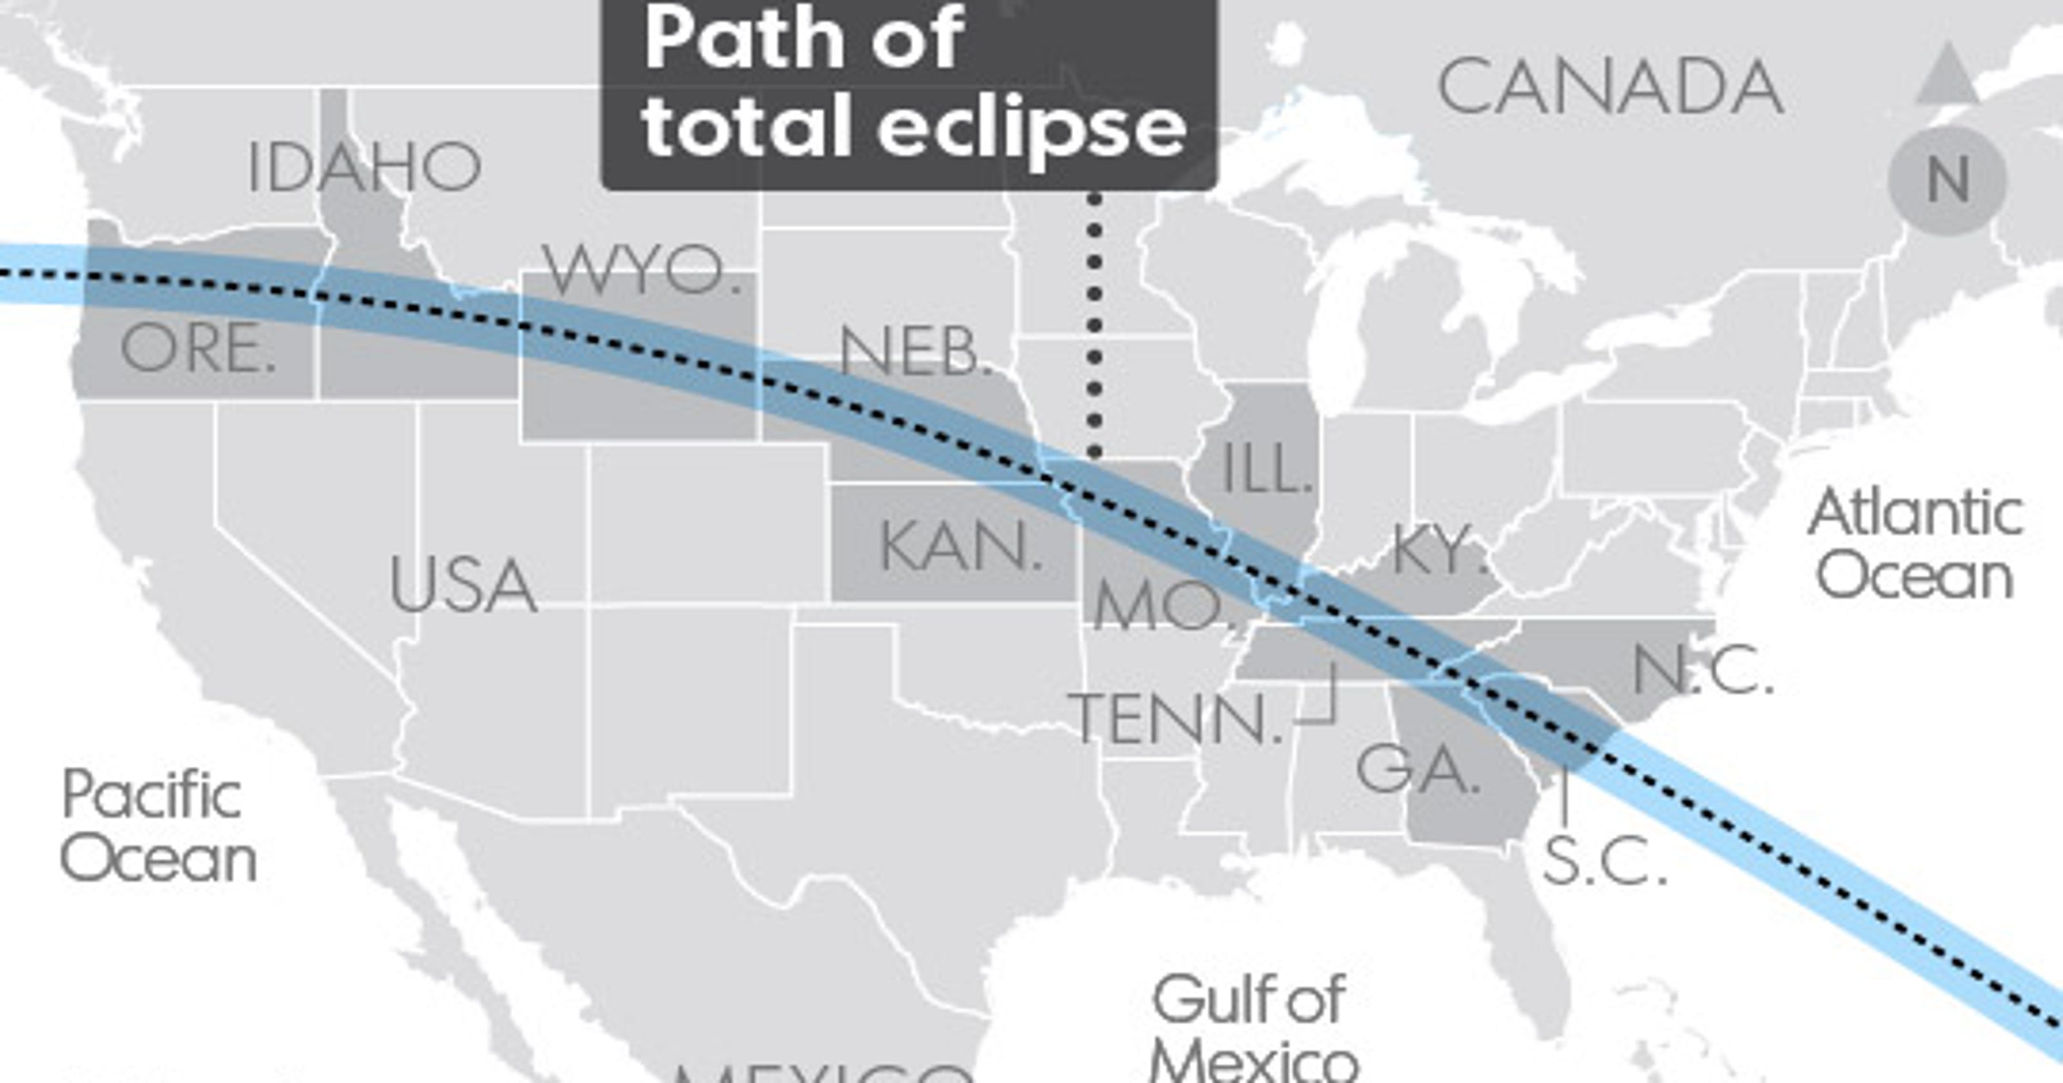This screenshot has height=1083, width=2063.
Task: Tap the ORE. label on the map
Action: point(198,350)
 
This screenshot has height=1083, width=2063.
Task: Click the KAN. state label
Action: point(960,547)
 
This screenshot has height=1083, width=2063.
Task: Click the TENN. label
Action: point(1175,719)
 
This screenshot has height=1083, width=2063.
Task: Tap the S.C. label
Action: point(1604,861)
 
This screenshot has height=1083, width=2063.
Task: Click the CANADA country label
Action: point(1610,87)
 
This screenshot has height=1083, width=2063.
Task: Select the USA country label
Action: point(463,585)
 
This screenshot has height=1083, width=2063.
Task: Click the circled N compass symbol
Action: point(1947,181)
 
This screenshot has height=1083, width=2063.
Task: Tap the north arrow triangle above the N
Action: point(1947,75)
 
